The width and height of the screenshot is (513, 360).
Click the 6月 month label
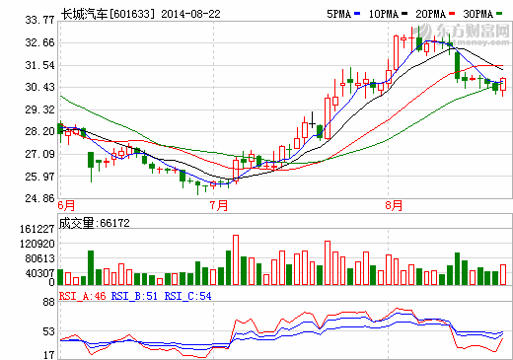point(67,206)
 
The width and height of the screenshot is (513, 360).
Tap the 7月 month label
point(219,206)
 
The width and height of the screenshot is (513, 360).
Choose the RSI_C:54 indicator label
point(186,295)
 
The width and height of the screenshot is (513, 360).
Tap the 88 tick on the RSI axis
point(46,304)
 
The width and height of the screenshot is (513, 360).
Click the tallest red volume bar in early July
point(236,258)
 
